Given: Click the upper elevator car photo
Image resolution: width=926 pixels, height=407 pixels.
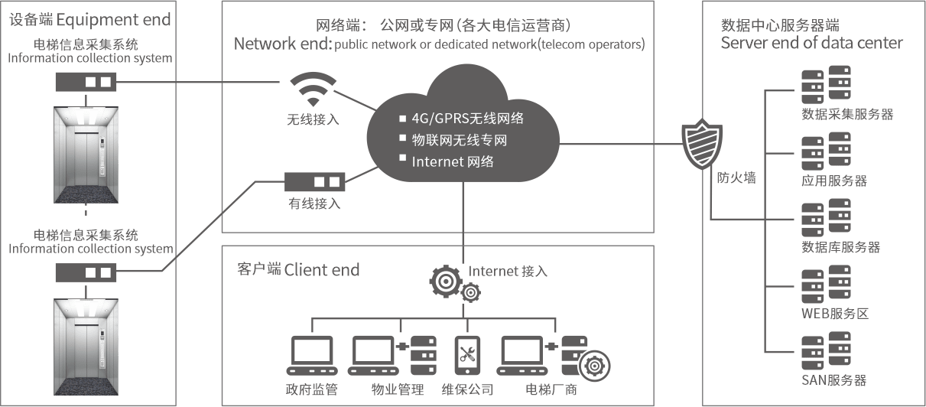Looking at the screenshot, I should pos(86,155).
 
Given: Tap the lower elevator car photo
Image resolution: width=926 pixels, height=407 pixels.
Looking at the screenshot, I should pos(86,347).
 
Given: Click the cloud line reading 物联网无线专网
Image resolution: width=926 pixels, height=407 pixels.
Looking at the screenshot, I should pos(459,140).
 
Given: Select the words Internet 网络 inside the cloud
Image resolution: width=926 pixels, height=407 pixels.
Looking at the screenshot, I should pos(453,161).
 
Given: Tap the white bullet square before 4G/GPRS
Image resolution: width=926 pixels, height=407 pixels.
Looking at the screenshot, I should pos(402,119).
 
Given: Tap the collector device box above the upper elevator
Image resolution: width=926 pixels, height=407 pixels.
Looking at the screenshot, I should pos(86,81).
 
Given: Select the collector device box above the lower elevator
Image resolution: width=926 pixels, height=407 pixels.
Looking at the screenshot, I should pos(86,273).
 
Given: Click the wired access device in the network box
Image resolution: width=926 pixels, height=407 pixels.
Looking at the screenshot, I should pos(315,183).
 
